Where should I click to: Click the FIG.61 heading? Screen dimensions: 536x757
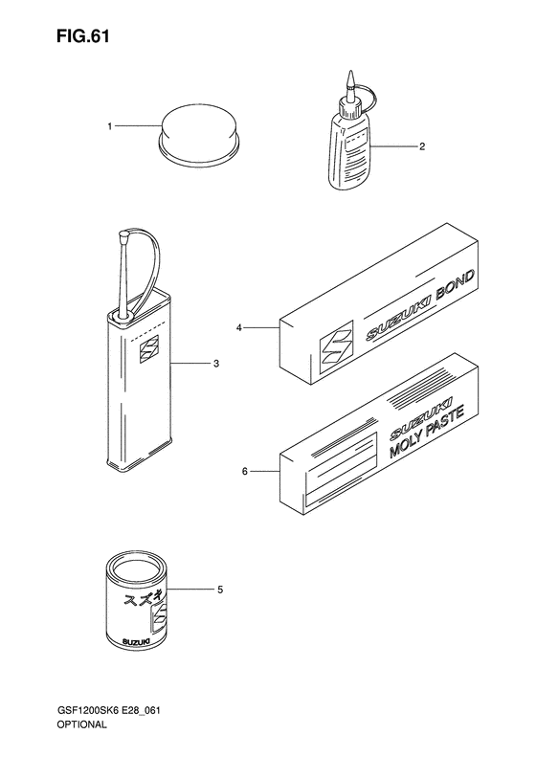[x=82, y=36]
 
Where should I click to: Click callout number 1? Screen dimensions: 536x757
[x=110, y=126]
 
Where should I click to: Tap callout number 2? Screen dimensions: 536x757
[x=421, y=146]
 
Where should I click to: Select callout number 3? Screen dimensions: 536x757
[x=216, y=363]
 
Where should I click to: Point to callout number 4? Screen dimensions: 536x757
[x=238, y=328]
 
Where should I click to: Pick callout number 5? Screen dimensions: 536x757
[x=220, y=590]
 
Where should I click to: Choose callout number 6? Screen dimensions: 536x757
[x=244, y=471]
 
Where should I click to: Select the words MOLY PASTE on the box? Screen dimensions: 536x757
[x=427, y=432]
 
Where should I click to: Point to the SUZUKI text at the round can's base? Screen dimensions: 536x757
[x=136, y=641]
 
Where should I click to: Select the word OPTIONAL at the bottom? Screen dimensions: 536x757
[x=81, y=738]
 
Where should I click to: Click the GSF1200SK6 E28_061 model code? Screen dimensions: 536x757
[x=109, y=724]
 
